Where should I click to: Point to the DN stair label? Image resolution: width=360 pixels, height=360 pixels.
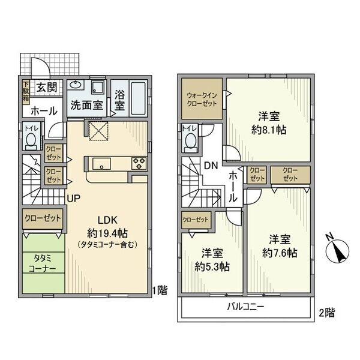pos(211,166)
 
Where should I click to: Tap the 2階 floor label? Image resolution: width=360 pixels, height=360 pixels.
pos(326,313)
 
